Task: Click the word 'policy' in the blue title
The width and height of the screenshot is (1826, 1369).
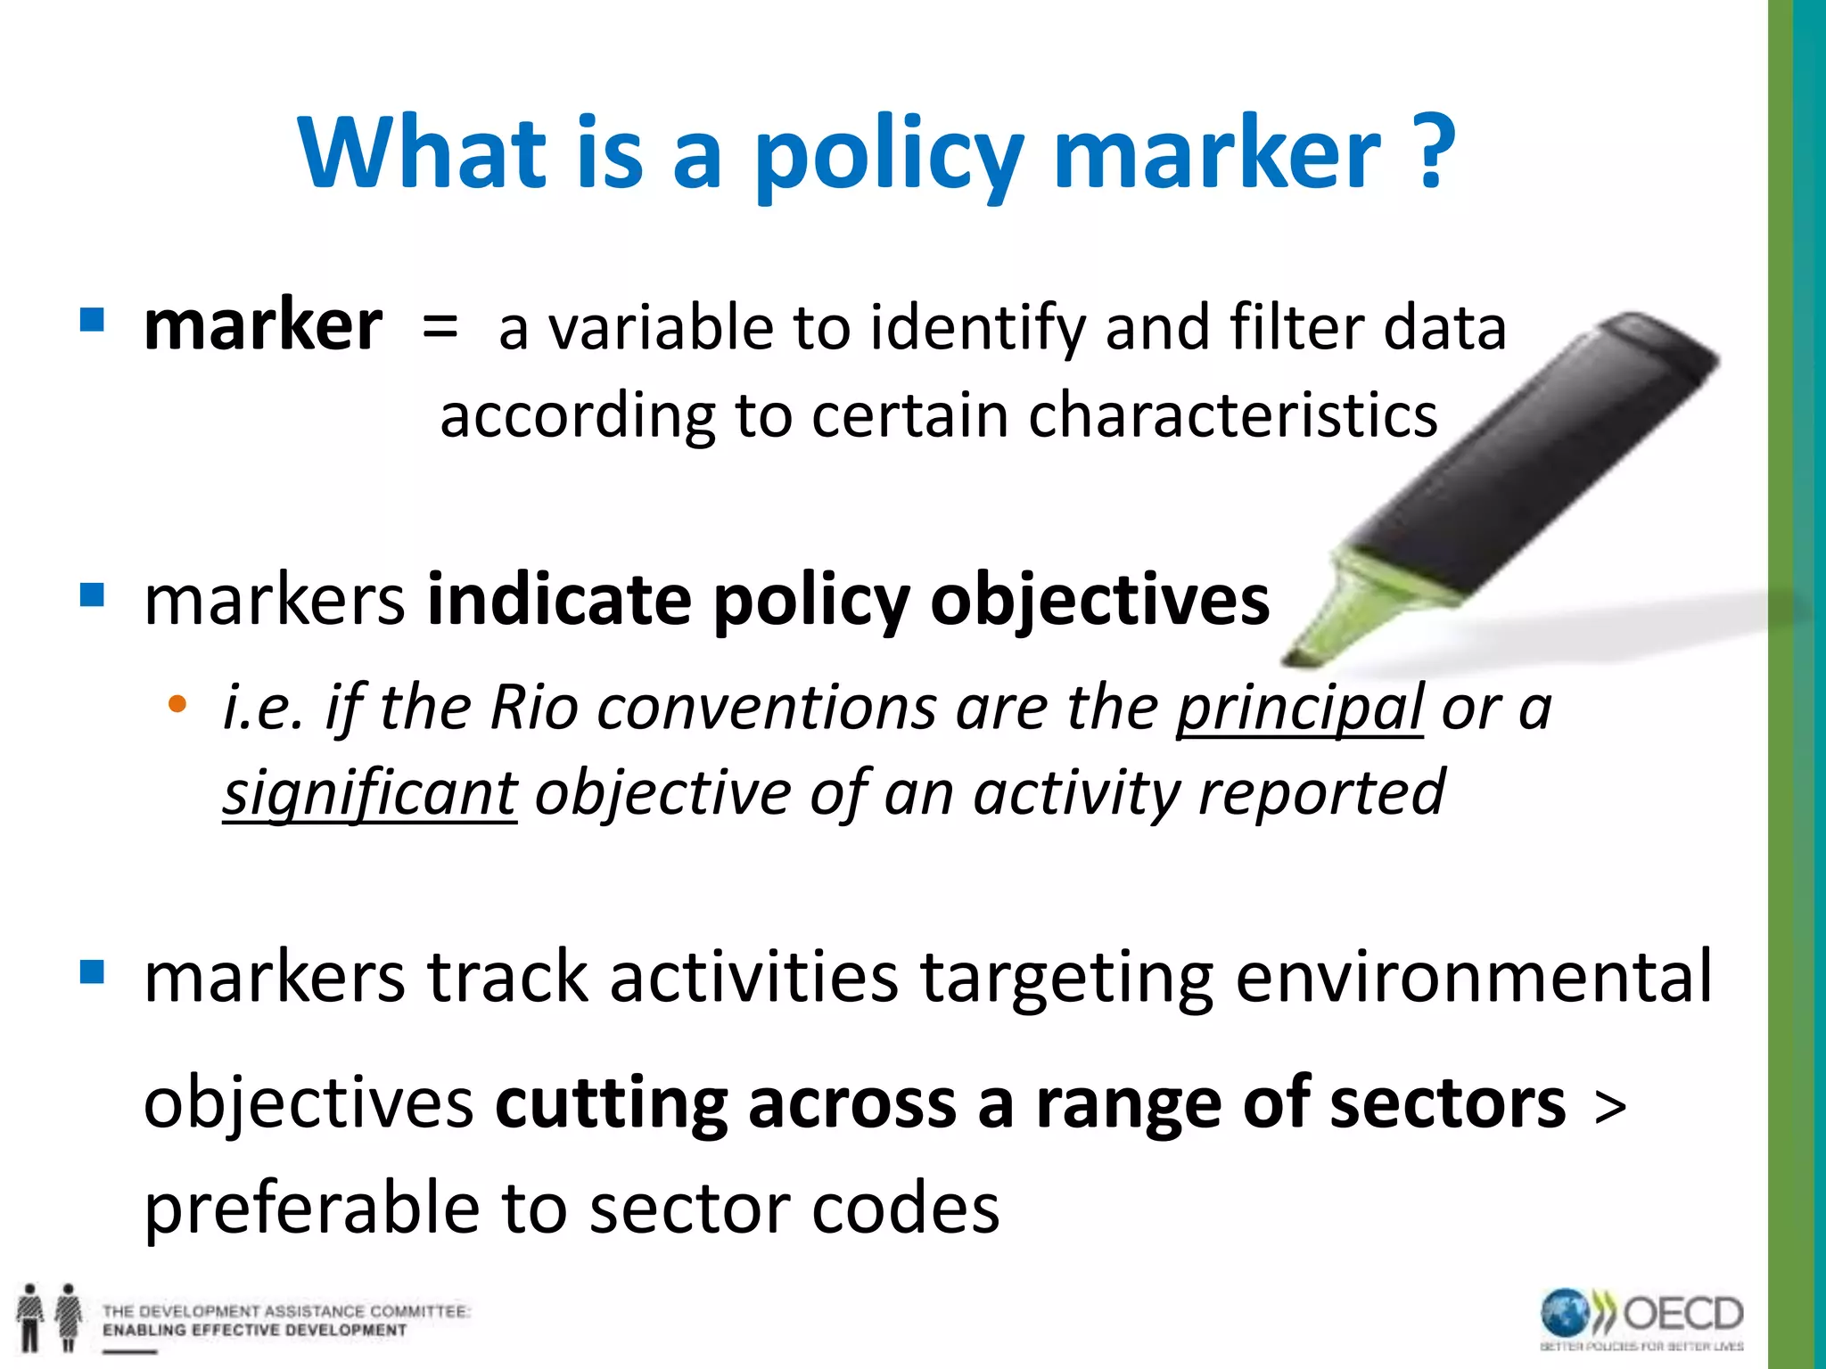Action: point(888,156)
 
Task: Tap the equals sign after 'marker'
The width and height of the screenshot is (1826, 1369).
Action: point(440,326)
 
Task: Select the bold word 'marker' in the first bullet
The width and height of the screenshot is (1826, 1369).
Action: point(263,326)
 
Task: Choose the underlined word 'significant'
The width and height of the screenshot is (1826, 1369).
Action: point(369,793)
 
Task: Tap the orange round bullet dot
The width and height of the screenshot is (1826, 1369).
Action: point(177,704)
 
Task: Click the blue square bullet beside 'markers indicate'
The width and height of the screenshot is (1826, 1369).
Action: point(92,594)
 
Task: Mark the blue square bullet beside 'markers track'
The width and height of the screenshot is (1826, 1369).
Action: point(92,971)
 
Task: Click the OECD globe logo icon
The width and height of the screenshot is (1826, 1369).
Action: point(1566,1314)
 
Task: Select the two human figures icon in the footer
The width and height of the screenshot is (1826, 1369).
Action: point(49,1317)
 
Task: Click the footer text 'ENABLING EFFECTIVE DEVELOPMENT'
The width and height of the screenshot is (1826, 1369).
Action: point(254,1331)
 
